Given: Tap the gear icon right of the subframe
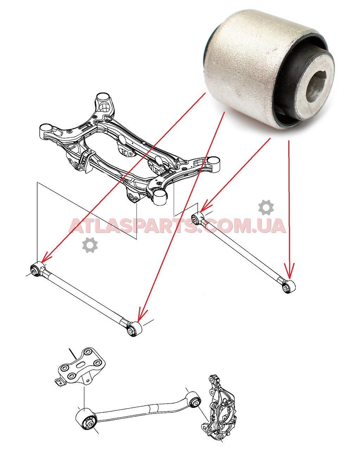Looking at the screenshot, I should [266, 207].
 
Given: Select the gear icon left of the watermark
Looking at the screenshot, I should [90, 245].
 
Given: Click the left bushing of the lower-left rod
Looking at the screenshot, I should [36, 270].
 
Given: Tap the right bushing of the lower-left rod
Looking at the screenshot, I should [133, 329].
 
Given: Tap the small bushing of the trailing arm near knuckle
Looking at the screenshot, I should [193, 401].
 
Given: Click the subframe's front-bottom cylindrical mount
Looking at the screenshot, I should [160, 198].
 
